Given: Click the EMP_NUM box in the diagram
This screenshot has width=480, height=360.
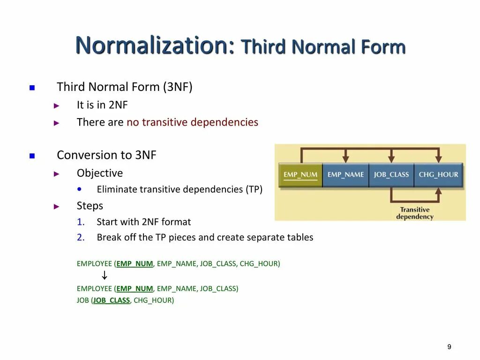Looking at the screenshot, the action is [300, 175].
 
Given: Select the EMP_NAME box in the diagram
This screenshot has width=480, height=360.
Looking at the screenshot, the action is [345, 175].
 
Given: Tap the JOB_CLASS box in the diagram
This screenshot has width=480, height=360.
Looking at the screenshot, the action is [391, 175].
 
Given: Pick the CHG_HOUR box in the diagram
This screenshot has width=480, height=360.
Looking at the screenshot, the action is [438, 175].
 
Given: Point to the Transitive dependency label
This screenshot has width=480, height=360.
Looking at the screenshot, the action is [415, 213].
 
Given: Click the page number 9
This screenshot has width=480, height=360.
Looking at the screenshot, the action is [449, 347].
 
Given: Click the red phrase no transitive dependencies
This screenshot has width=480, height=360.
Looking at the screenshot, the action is [192, 122].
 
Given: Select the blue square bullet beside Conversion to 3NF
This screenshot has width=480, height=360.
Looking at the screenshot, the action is [32, 156].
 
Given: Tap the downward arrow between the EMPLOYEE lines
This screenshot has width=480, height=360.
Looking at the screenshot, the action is [105, 276].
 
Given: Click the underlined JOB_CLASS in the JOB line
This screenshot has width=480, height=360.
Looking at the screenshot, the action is [111, 300].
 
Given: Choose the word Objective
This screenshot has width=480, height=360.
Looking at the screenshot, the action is [100, 173].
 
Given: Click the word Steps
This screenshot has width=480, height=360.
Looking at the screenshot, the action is [90, 206].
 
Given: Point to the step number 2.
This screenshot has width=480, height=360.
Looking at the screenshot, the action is [81, 237].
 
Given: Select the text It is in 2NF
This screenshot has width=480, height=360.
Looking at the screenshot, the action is [102, 105].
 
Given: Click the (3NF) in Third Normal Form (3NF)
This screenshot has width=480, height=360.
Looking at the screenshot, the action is [178, 87].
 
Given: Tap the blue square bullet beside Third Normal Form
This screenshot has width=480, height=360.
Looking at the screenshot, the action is [32, 88].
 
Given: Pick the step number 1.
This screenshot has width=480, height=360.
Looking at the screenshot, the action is [81, 222].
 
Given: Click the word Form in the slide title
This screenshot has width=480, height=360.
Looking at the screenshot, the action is [383, 47].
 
